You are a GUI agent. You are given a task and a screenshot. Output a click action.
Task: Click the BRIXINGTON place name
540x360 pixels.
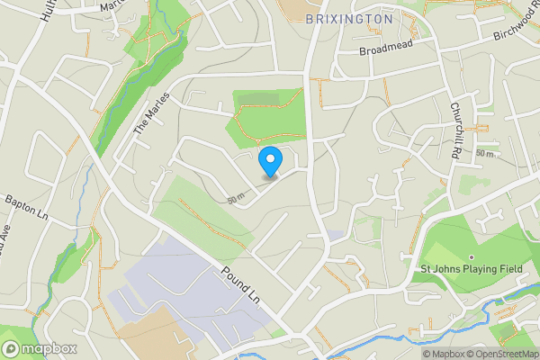(x=348, y=18)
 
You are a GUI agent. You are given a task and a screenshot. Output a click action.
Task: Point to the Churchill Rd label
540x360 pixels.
(x=456, y=130)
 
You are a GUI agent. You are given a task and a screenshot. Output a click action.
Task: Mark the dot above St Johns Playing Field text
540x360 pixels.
(x=471, y=256)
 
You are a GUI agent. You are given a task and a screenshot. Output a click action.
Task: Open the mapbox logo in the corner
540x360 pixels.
(x=40, y=348)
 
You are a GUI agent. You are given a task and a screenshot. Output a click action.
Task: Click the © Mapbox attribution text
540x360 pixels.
(x=440, y=354)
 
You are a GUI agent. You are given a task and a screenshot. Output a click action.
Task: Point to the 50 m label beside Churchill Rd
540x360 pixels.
(x=485, y=154)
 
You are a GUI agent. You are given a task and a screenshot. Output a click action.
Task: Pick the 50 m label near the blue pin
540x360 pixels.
(x=237, y=198)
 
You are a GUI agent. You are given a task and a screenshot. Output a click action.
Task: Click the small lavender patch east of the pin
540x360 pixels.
(x=334, y=236)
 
